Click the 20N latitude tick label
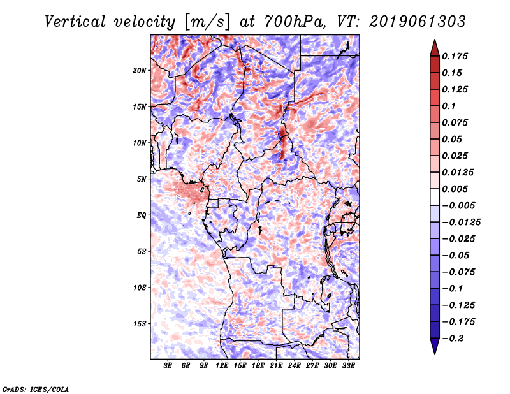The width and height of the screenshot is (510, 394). (140, 70)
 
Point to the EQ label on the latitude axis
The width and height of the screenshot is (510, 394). (141, 215)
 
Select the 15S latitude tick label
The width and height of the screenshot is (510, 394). (140, 324)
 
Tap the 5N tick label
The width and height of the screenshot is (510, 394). (142, 179)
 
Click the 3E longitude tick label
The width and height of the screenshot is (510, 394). (168, 367)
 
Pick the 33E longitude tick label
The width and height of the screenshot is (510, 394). (348, 367)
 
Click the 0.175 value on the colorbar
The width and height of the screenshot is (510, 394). (456, 56)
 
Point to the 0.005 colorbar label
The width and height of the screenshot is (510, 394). (456, 189)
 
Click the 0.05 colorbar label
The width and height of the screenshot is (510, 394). (455, 139)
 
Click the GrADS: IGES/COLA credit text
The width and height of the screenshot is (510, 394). (35, 388)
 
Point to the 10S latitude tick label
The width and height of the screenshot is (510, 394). (140, 288)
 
